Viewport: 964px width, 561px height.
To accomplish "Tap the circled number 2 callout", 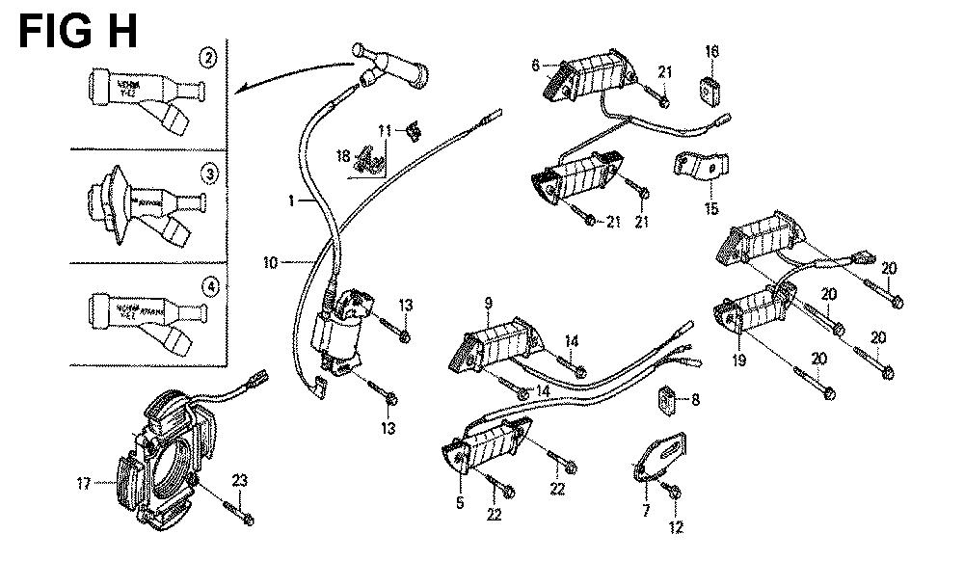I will coord(208,57).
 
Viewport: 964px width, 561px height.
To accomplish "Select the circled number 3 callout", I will coord(208,174).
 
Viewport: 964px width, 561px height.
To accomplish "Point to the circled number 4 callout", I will coord(208,285).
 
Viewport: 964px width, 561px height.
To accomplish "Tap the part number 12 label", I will coord(675,526).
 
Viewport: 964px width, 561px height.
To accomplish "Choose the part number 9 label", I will coord(489,306).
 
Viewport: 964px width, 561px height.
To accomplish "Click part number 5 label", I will coord(459,502).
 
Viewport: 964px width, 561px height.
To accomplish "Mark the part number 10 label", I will coord(270,261).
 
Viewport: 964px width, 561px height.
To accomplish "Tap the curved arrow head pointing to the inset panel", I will coord(241,89).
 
